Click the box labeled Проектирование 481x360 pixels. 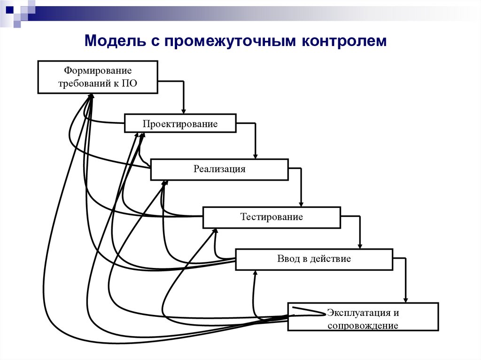[180, 123]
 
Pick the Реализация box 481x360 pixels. [219, 169]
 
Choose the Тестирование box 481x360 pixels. [272, 217]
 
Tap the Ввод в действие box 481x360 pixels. [314, 259]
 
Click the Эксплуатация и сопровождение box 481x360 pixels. [363, 317]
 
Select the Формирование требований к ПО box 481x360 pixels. [98, 77]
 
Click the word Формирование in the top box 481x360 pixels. [98, 71]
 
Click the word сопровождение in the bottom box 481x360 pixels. [363, 325]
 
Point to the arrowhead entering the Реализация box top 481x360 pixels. [256, 155]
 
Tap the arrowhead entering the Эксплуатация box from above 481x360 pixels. [405, 299]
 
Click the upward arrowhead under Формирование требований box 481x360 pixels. [91, 97]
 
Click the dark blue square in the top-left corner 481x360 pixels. [9, 8]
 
